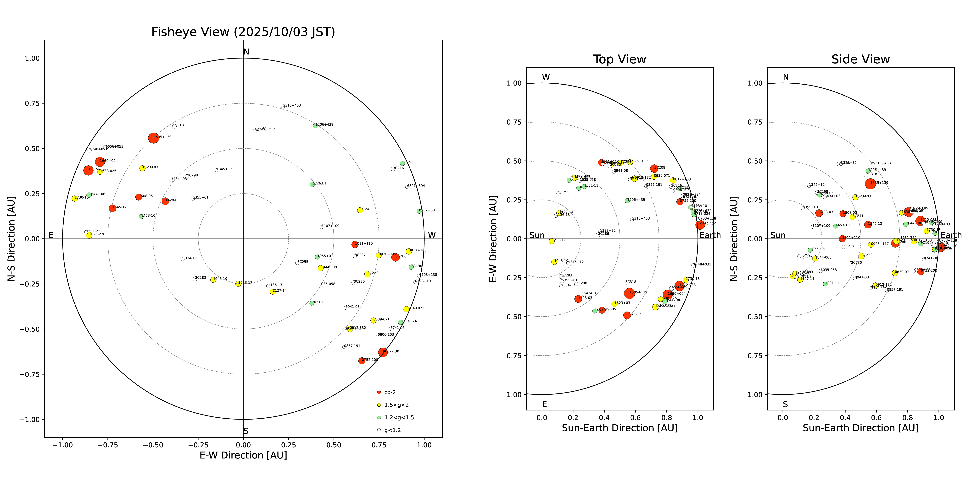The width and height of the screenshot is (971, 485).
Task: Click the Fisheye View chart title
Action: pyautogui.click(x=243, y=32)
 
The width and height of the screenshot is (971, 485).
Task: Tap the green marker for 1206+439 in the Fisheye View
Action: pyautogui.click(x=316, y=125)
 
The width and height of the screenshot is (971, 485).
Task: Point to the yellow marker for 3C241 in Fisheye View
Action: pyautogui.click(x=360, y=210)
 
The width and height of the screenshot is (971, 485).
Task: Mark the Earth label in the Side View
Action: pyautogui.click(x=951, y=235)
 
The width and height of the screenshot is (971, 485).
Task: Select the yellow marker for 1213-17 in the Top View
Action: pyautogui.click(x=552, y=241)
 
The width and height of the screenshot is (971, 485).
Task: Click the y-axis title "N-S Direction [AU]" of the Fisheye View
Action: pyautogui.click(x=11, y=238)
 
